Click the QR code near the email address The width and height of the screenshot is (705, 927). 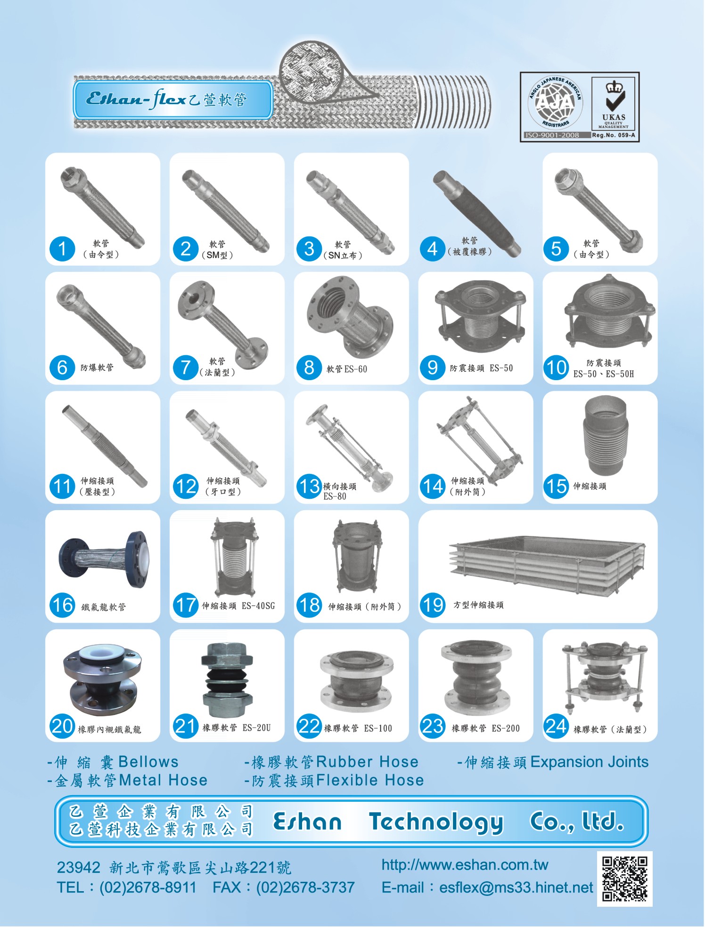coord(625,879)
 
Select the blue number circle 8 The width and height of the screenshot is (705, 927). coord(309,368)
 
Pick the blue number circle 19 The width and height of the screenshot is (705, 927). coord(433,605)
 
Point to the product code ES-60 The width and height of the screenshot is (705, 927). coord(355,369)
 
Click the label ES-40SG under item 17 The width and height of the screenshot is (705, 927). coord(258,606)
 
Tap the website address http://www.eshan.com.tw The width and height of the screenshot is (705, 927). coord(465,865)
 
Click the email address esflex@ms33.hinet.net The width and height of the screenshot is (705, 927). coord(516,887)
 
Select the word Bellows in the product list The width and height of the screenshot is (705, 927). coord(148,762)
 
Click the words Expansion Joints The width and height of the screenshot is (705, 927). coord(589,762)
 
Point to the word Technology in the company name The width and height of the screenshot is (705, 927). coord(436,822)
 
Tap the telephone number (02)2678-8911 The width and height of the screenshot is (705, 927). coord(148,887)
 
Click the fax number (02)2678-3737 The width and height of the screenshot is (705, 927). coord(305,887)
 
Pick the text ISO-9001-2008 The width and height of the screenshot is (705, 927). coord(552,135)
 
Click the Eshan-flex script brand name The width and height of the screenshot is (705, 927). coord(136,99)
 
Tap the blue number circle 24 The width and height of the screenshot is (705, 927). coord(556,726)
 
